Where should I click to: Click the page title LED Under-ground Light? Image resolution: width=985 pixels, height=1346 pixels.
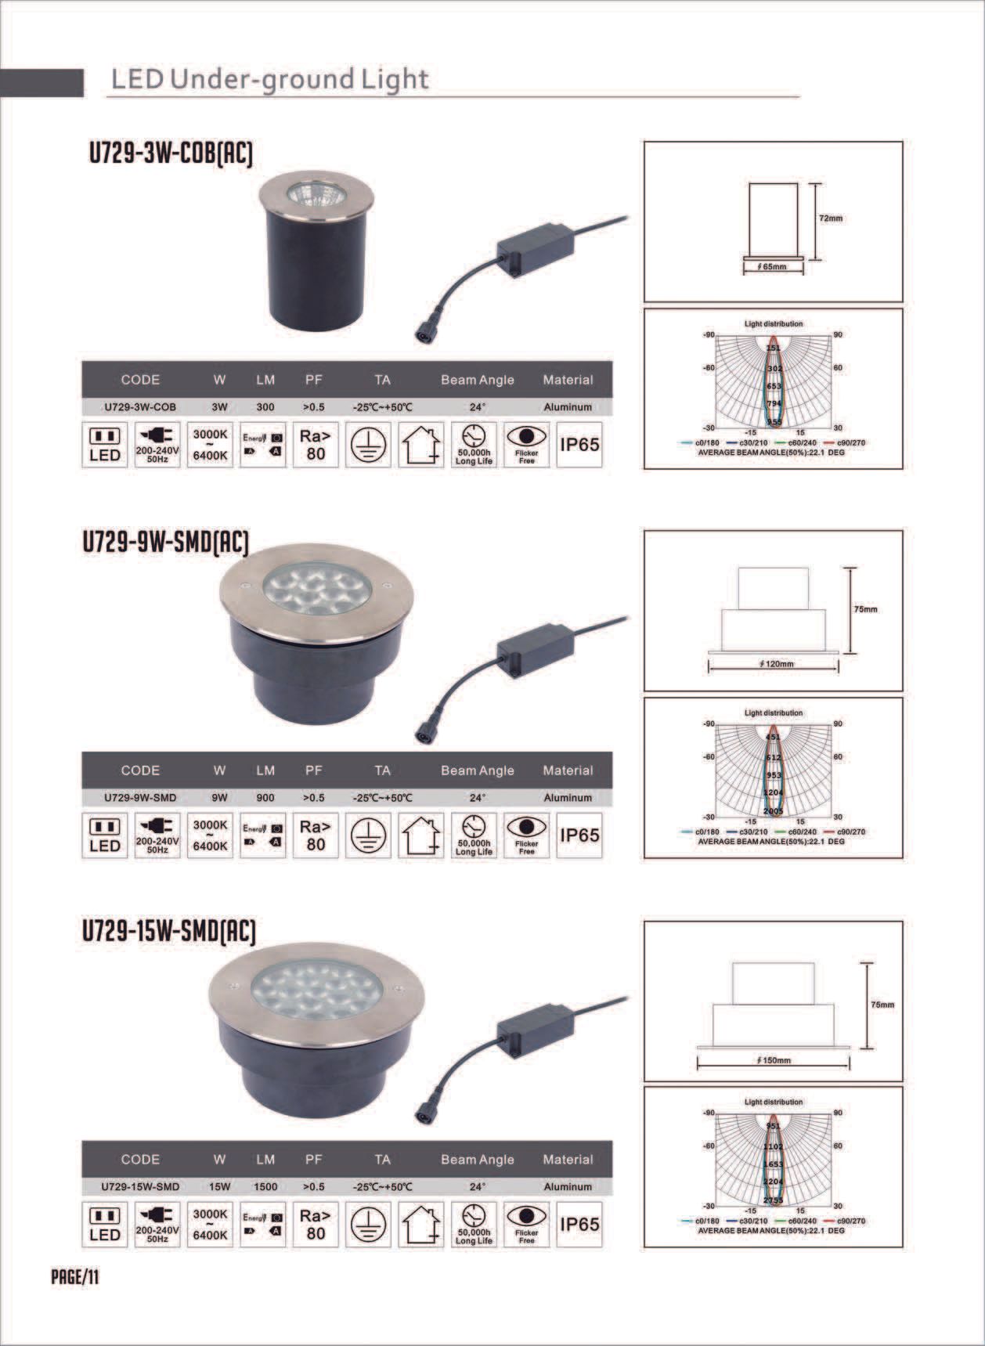(x=269, y=80)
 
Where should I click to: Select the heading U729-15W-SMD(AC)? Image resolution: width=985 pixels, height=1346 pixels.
(x=169, y=931)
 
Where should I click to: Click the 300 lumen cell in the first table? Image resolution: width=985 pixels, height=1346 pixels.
(x=265, y=407)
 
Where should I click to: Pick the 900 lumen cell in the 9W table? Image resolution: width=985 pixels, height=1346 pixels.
(x=265, y=798)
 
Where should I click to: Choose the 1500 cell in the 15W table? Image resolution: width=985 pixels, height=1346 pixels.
(x=265, y=1186)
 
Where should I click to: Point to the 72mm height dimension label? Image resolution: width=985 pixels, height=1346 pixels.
(x=830, y=218)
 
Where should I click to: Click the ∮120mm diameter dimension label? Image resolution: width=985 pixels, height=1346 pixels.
(x=775, y=664)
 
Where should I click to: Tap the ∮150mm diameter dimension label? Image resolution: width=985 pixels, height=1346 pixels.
(x=774, y=1060)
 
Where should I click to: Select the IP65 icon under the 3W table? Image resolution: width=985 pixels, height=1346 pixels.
(x=579, y=445)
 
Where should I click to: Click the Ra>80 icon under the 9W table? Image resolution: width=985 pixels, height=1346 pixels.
(x=316, y=835)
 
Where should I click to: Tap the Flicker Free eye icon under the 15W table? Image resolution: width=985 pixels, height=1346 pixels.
(x=526, y=1223)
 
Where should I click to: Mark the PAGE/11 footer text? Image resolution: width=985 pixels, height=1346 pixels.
(x=75, y=1278)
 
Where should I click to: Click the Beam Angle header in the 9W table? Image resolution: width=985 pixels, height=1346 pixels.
(x=477, y=770)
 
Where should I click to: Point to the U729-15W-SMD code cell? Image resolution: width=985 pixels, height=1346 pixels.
(x=140, y=1186)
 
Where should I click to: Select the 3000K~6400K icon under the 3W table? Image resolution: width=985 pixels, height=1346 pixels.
(x=210, y=445)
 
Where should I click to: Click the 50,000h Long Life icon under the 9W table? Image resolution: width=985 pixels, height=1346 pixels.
(x=474, y=835)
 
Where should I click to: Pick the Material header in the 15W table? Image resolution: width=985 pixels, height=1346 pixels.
(x=568, y=1160)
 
